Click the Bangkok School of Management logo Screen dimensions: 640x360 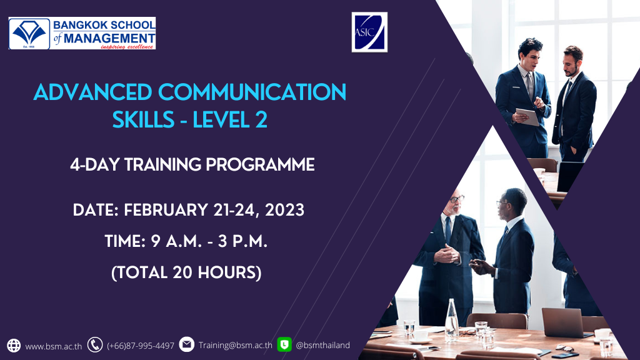(x=82, y=34)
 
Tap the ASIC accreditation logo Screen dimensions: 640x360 (x=369, y=32)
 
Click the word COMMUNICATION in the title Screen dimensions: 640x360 (x=252, y=92)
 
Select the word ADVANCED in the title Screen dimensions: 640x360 (x=92, y=92)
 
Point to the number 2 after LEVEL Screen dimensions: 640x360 (x=262, y=120)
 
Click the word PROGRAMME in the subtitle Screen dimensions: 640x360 (x=260, y=165)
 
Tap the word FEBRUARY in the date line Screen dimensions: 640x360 (x=166, y=210)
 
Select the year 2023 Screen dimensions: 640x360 (x=284, y=210)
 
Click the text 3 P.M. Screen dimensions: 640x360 (x=242, y=241)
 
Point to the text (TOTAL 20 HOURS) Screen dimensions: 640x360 (x=186, y=272)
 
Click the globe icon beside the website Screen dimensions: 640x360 (x=14, y=345)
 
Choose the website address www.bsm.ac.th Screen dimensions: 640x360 (x=54, y=346)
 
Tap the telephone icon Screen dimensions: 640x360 (x=95, y=345)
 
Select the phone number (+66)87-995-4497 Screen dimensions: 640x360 (x=141, y=346)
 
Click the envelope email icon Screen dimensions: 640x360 (x=186, y=344)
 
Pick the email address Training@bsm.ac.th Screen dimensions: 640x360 (x=236, y=345)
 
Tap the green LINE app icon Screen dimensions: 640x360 (x=284, y=344)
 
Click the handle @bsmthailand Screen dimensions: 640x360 (x=322, y=345)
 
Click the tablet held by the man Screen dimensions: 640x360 (x=528, y=116)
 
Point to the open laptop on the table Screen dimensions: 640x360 (x=565, y=323)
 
